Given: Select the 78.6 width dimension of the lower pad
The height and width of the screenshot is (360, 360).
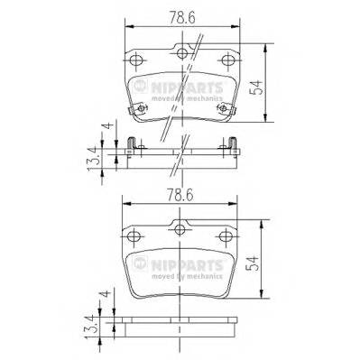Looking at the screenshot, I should point(180,192).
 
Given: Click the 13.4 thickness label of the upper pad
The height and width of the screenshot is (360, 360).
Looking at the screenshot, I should point(90,160).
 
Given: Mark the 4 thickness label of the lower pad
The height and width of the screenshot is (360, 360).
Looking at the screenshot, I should point(106,296).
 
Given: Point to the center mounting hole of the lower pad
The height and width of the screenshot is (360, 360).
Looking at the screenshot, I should point(182,228).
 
